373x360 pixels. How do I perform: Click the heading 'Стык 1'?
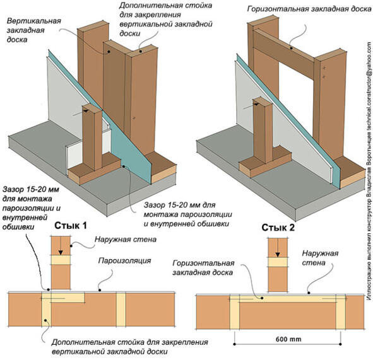(71, 226)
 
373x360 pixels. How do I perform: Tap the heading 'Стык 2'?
(278, 228)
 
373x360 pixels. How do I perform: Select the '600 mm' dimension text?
(288, 339)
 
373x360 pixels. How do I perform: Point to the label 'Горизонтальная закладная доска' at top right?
(309, 9)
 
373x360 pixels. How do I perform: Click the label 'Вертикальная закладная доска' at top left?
(34, 30)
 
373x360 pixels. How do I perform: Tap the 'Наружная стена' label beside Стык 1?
(126, 239)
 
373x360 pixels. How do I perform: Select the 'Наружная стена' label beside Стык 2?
(320, 258)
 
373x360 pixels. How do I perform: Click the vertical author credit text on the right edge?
(369, 171)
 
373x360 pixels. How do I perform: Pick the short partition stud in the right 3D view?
(263, 131)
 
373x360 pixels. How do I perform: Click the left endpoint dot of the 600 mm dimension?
(235, 344)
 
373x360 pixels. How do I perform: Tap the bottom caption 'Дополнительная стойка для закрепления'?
(129, 342)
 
